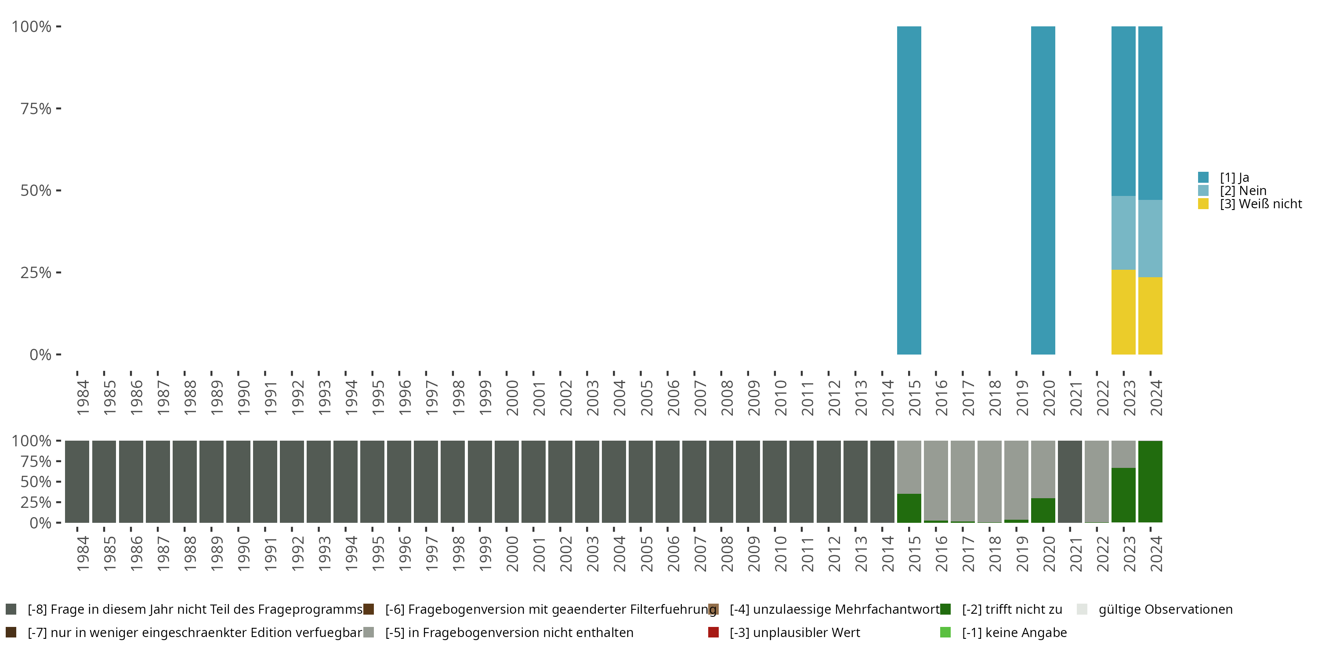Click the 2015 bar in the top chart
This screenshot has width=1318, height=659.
coord(909,190)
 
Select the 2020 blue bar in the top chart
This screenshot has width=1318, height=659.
coord(1043,190)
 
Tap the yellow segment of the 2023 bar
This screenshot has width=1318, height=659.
coord(1123,312)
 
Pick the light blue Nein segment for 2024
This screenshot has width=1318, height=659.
coord(1150,239)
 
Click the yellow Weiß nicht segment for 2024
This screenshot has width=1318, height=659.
coord(1150,316)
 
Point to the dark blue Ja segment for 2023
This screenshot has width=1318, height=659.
coord(1123,111)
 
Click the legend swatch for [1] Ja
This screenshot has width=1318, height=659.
coord(1203,177)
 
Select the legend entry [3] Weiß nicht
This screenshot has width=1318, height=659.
coord(1260,204)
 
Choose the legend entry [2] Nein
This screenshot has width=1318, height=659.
coord(1243,191)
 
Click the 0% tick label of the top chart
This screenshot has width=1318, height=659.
coord(40,355)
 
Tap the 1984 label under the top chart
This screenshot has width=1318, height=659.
coord(83,398)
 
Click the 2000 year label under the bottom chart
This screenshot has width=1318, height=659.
coord(512,554)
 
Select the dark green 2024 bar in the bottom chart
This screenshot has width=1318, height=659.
coord(1150,482)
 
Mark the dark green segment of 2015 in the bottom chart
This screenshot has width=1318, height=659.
coord(909,508)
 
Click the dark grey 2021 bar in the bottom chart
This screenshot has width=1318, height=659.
coord(1070,482)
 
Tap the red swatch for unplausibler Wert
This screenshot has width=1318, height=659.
coord(713,632)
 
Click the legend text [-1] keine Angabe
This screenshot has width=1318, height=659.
coord(1014,632)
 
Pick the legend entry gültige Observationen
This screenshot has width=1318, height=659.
coord(1165,609)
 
